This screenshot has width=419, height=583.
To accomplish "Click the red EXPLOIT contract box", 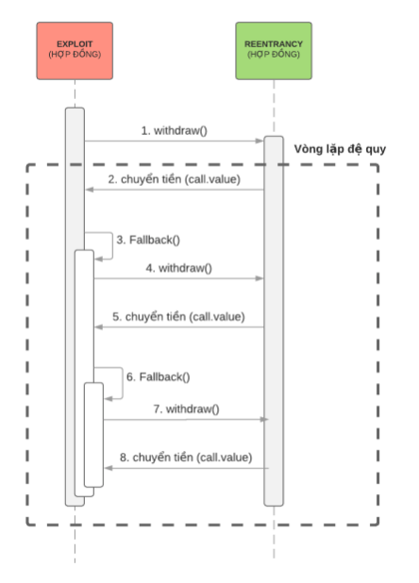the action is pos(75,51).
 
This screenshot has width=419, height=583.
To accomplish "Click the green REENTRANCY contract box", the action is pos(274,51).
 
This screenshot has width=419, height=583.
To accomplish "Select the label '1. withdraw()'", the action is pos(175,131).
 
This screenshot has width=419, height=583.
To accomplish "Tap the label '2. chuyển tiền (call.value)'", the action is pos(175,179).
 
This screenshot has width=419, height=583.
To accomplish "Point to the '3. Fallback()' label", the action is pos(148,240).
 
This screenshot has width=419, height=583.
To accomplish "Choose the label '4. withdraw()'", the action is pos(178,268).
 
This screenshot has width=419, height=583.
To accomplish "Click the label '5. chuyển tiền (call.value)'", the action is pos(178,317).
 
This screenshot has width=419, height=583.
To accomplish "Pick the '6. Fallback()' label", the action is pos(158,377).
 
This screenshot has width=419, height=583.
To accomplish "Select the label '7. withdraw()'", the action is pos(186,409).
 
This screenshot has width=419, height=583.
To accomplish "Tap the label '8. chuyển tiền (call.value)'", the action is pos(186,458).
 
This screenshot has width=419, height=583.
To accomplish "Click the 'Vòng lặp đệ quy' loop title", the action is pos(340,149).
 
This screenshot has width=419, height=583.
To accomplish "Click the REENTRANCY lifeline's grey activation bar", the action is pos(274,321).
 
